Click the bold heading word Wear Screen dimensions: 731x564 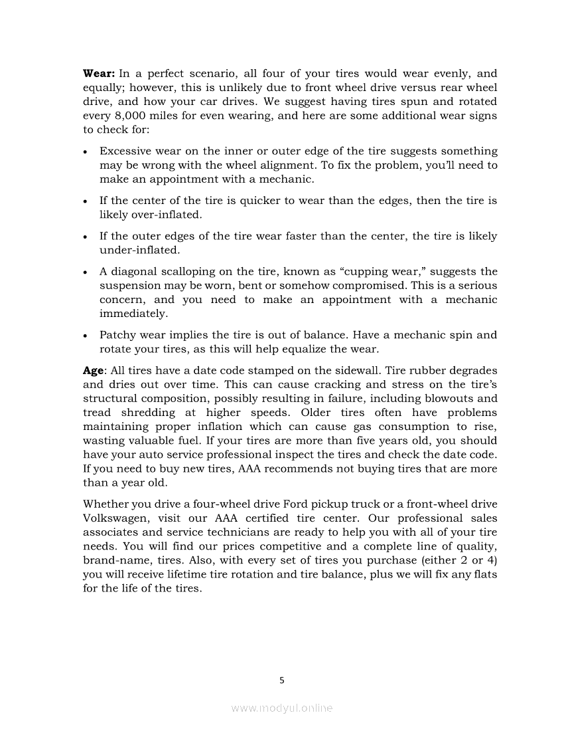tap(99, 74)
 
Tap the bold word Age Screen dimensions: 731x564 tap(94, 370)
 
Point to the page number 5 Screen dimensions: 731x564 tap(282, 680)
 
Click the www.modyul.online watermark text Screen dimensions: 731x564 tap(282, 708)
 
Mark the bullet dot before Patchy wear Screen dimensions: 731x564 tap(87, 336)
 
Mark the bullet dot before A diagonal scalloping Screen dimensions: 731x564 tap(87, 272)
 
